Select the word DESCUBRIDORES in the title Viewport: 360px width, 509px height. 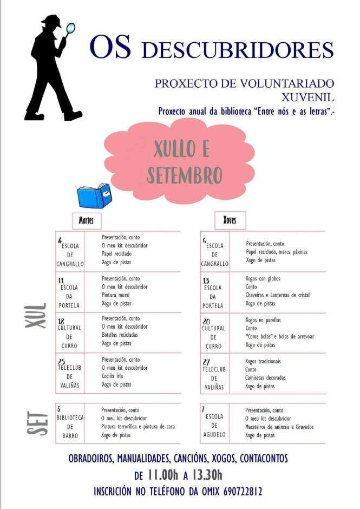237,50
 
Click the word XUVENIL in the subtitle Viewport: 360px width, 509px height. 307,97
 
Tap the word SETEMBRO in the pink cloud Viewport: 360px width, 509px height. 185,175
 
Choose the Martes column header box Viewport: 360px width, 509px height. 87,220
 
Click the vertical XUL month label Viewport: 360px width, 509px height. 36,315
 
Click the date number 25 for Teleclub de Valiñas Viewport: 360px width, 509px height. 62,361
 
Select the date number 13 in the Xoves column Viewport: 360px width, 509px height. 206,280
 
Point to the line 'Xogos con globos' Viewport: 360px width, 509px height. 263,279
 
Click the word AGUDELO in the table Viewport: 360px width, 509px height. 214,434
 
